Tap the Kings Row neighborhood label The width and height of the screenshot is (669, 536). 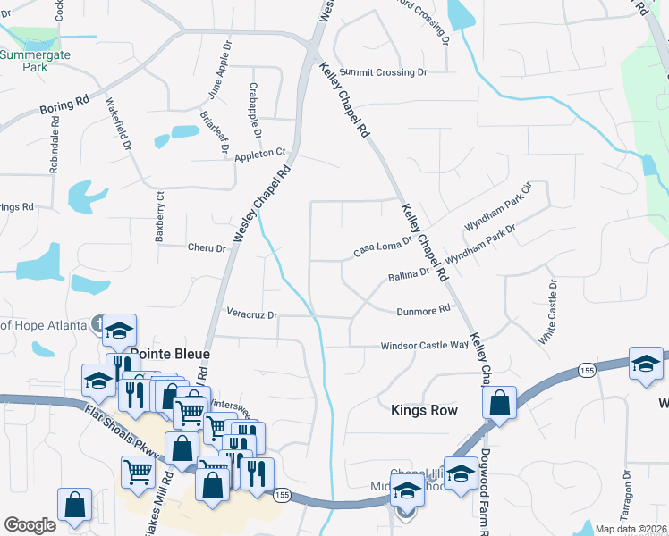[425, 410]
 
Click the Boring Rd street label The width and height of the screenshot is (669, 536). [64, 104]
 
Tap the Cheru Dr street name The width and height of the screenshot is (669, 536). [207, 247]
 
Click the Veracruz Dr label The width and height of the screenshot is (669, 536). [252, 314]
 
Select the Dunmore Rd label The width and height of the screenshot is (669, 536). [423, 311]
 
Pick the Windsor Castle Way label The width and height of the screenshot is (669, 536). [425, 345]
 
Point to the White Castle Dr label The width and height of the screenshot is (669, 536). [547, 313]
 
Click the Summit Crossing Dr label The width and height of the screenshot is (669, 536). [384, 71]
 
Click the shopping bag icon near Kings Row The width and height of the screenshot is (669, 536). [500, 404]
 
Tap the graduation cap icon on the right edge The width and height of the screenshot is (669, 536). [645, 364]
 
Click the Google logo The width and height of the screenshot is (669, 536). [30, 524]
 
